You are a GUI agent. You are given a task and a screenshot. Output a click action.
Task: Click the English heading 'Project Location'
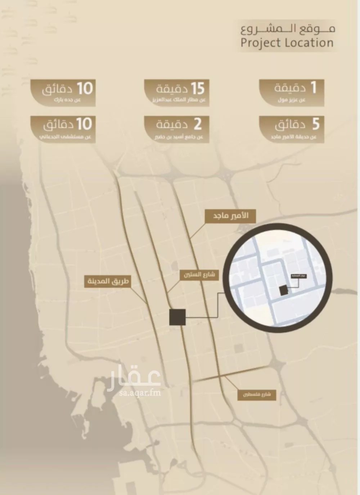click(287, 43)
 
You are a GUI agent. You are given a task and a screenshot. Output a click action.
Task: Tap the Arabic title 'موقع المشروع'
click(288, 28)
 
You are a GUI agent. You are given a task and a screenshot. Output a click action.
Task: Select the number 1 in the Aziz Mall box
click(313, 87)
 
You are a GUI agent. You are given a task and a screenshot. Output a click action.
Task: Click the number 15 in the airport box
click(198, 88)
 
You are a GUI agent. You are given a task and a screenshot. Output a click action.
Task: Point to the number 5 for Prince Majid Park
click(315, 124)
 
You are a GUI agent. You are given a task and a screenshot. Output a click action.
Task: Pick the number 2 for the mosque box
click(198, 124)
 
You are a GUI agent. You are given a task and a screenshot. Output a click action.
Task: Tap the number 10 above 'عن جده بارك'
click(85, 88)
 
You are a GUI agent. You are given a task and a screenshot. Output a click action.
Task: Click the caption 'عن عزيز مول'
click(292, 100)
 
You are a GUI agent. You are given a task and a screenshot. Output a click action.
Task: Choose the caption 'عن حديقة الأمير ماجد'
click(294, 137)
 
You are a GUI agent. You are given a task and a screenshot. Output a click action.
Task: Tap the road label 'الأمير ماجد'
click(230, 216)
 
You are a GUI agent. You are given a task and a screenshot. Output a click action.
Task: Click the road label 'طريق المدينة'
click(107, 281)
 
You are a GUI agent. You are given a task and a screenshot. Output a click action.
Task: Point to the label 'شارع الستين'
click(199, 275)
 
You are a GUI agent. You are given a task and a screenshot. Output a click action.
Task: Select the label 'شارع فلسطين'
click(256, 395)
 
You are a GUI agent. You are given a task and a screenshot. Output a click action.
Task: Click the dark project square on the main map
click(177, 317)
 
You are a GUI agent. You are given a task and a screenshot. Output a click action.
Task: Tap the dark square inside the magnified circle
click(284, 291)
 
